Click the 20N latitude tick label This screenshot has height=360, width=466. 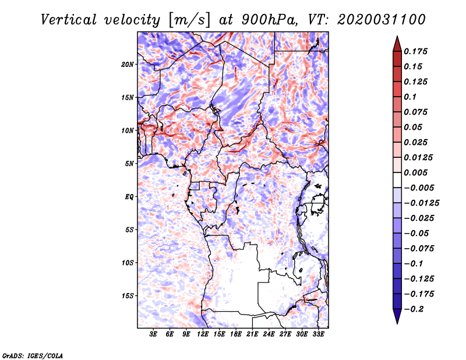tap(128, 65)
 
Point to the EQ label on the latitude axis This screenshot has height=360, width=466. tap(129, 197)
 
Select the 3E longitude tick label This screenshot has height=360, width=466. tap(153, 334)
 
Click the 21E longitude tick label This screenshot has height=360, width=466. tap(252, 334)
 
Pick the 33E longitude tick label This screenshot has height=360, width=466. tap(318, 334)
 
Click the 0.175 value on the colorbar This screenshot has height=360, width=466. tap(415, 51)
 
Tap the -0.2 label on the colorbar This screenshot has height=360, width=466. tap(414, 309)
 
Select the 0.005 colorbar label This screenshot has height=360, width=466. tap(415, 172)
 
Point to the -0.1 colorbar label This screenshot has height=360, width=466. tap(414, 264)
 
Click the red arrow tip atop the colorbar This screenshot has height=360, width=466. tap(397, 36)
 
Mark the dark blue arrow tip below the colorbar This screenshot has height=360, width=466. tap(397, 323)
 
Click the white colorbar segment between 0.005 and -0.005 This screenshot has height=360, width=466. tap(397, 180)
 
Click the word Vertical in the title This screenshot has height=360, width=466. tap(69, 20)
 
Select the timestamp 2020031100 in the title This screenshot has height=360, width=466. tap(382, 20)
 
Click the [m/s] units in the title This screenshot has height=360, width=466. tap(189, 20)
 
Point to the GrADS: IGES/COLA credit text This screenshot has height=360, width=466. tap(33, 355)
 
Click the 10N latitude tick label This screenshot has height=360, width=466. tap(128, 130)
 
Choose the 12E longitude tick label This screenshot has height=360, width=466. tap(203, 334)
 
